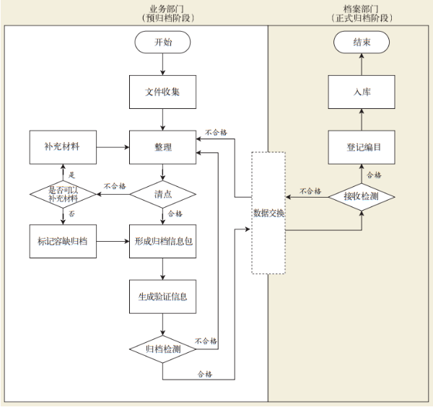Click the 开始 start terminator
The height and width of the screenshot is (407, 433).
click(163, 43)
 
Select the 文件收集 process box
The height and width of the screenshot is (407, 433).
click(162, 92)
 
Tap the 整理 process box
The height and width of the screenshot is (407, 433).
click(162, 147)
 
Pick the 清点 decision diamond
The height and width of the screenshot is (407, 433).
click(162, 194)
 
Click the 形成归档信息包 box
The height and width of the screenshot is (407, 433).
click(162, 241)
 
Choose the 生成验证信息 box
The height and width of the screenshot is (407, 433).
click(162, 296)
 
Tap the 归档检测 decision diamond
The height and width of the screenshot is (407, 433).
click(162, 349)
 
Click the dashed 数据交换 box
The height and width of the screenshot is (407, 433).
click(268, 213)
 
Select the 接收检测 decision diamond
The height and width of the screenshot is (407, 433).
click(362, 196)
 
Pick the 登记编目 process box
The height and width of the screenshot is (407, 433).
click(362, 147)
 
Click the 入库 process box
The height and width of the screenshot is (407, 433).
click(362, 92)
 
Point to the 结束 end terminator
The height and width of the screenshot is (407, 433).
click(362, 43)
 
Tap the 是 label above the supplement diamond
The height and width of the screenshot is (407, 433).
click(71, 174)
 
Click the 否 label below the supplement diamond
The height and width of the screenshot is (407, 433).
click(71, 214)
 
